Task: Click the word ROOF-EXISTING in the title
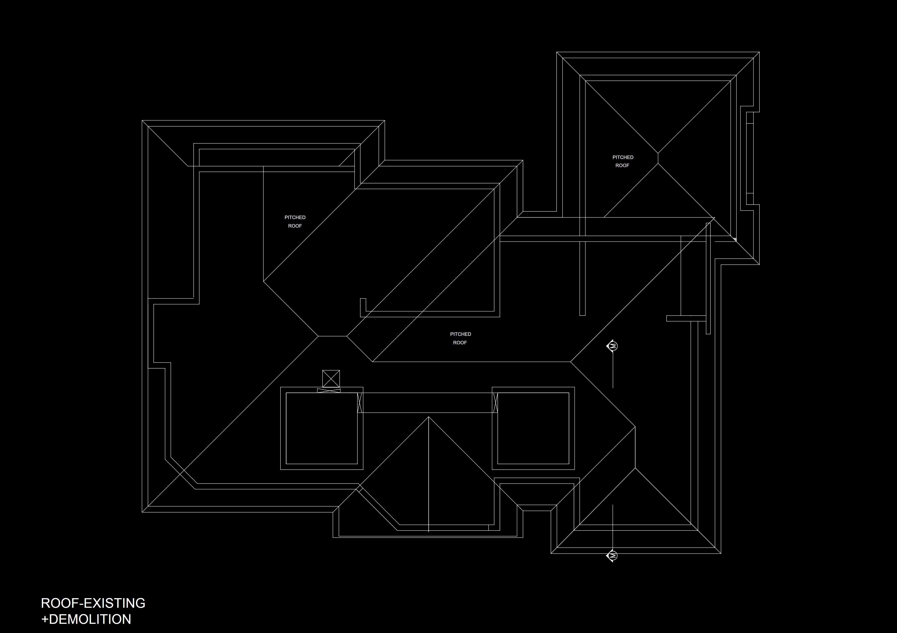click(x=93, y=603)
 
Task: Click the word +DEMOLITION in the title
click(x=86, y=619)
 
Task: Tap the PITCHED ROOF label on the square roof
click(x=623, y=161)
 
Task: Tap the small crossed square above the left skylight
click(x=331, y=379)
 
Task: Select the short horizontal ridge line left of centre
click(x=332, y=336)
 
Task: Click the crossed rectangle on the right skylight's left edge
click(x=495, y=402)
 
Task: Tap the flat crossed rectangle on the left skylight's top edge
click(x=328, y=390)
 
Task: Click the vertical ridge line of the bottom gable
click(x=429, y=476)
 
